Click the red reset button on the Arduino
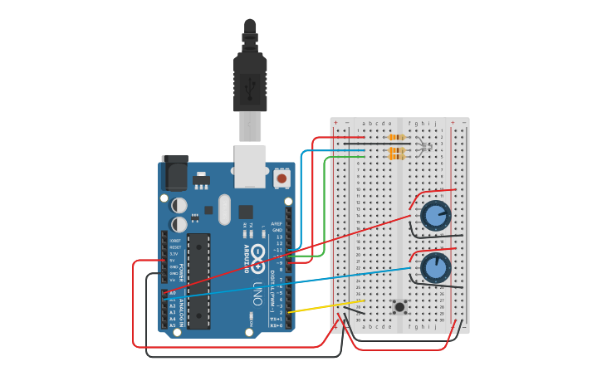coord(281,178)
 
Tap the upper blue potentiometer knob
coord(435,216)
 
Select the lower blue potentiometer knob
coord(435,267)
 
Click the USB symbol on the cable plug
coord(250,85)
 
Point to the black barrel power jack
coord(175,173)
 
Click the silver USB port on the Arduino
coord(249,164)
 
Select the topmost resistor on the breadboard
coord(397,137)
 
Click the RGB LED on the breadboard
coord(424,148)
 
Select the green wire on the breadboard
coord(345,156)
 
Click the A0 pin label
coord(173,293)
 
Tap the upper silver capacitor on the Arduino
coord(179,205)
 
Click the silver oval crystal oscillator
coord(224,209)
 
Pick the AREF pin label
coord(277,223)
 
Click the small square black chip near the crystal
coord(246,212)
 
